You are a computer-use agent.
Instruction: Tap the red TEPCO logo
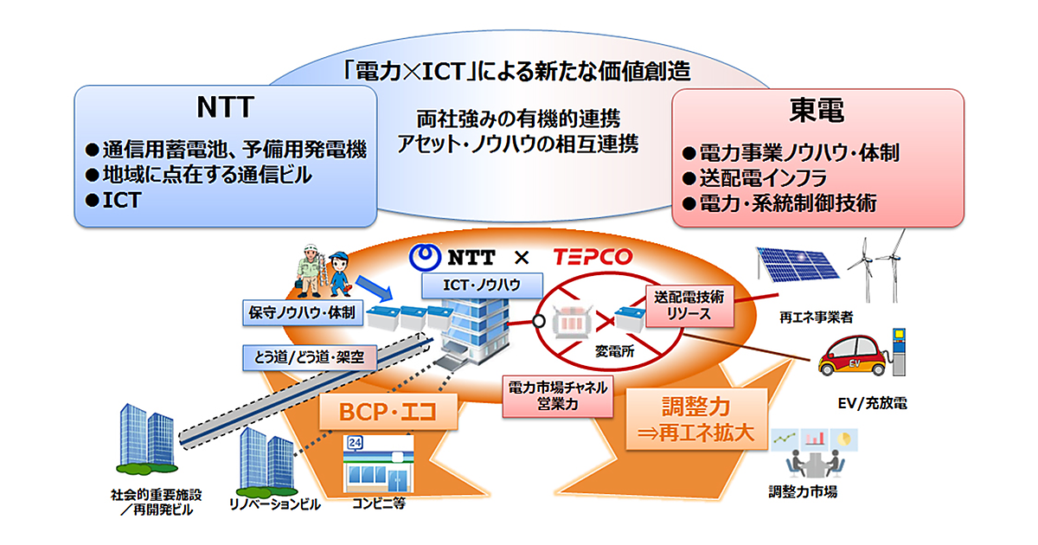coord(593,257)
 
